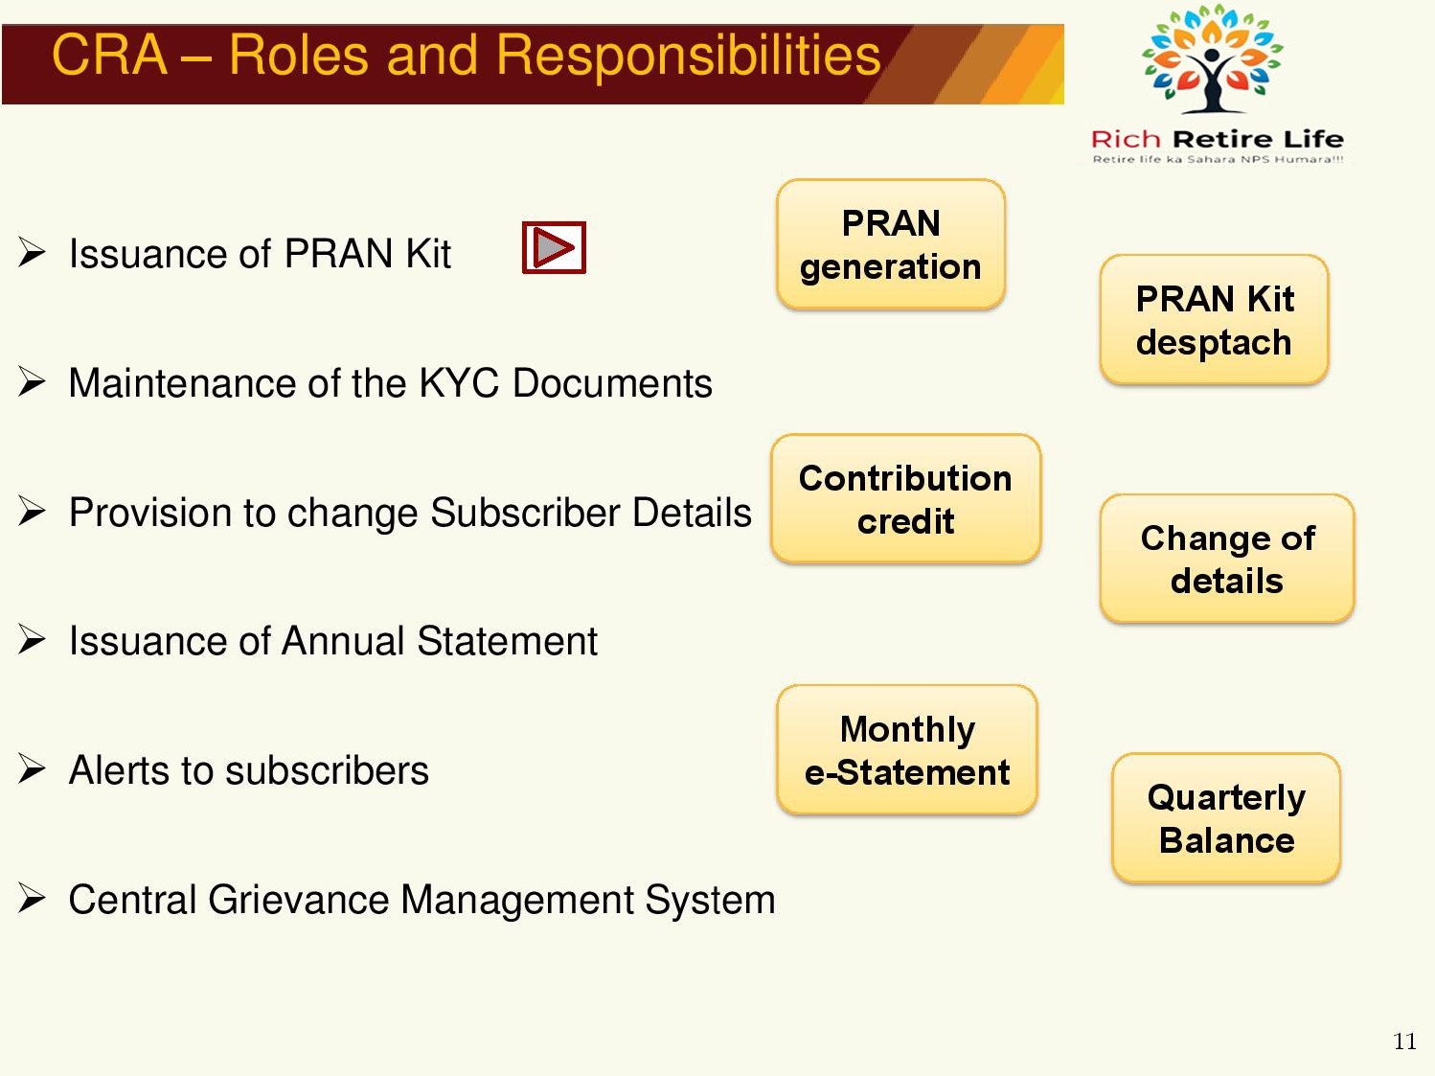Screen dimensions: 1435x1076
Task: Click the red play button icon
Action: point(554,247)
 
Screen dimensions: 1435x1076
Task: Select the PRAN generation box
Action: point(891,243)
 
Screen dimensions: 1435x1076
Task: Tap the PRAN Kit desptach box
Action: point(1214,320)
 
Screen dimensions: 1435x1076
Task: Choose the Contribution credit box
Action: point(905,499)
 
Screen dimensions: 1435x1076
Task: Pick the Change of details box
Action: point(1227,559)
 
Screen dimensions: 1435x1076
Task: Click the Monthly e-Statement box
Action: point(907,750)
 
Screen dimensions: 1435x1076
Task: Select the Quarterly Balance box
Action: point(1226,818)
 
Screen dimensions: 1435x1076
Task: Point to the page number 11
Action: point(1404,1042)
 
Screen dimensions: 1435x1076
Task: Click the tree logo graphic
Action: point(1212,58)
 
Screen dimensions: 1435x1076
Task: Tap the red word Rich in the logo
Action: point(1126,139)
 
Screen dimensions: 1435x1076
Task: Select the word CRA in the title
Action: point(109,55)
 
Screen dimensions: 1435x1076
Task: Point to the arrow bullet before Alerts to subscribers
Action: point(32,768)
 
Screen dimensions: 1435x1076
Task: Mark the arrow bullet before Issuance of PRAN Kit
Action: point(32,252)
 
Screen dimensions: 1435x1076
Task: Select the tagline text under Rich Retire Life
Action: point(1218,159)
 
